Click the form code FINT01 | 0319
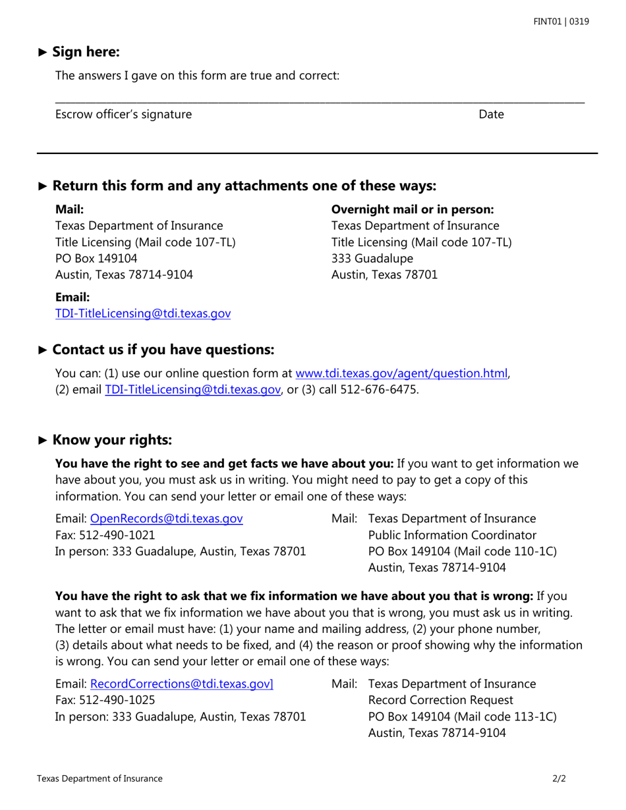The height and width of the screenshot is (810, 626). click(x=561, y=22)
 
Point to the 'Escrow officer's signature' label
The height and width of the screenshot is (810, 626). click(x=124, y=115)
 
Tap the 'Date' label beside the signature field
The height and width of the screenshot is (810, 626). click(x=491, y=115)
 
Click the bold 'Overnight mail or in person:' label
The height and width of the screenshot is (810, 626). click(x=413, y=209)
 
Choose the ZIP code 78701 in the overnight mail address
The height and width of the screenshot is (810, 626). click(x=421, y=275)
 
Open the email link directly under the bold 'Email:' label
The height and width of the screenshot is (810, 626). click(x=143, y=314)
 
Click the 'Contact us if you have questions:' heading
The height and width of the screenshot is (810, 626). click(x=162, y=349)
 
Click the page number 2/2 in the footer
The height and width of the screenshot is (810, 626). click(x=559, y=778)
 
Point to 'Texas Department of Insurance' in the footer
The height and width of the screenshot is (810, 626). click(x=100, y=778)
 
